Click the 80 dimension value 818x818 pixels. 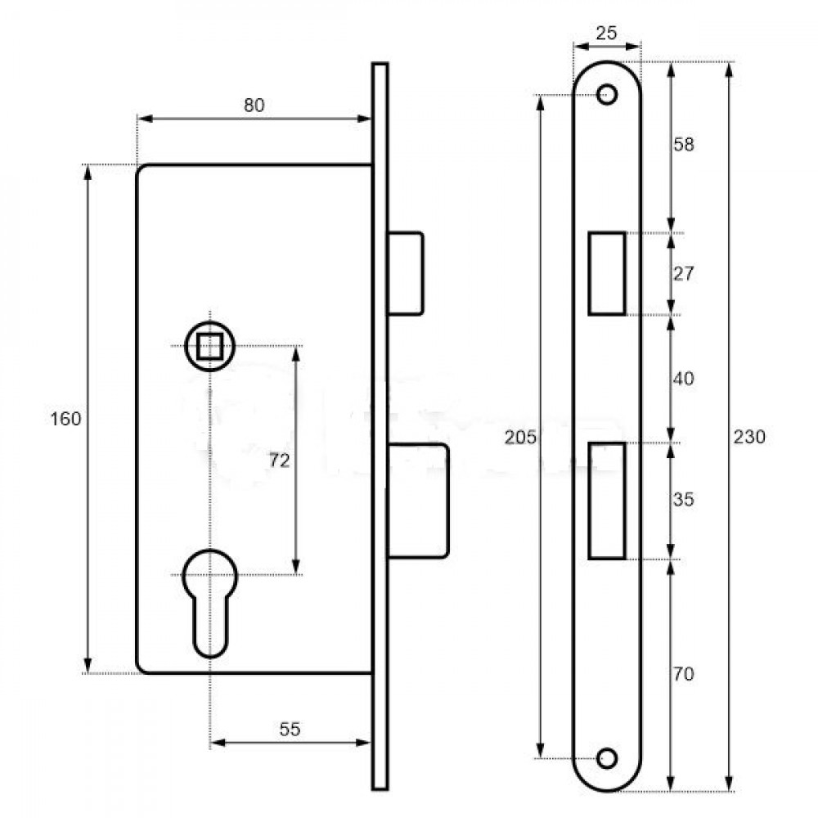pyautogui.click(x=254, y=106)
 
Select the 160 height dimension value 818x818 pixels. pyautogui.click(x=65, y=419)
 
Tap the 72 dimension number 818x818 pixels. pyautogui.click(x=280, y=461)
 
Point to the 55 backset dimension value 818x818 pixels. pyautogui.click(x=290, y=729)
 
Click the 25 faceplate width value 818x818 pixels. pyautogui.click(x=606, y=34)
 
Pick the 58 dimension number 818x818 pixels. pyautogui.click(x=684, y=145)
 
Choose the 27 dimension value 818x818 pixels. pyautogui.click(x=684, y=273)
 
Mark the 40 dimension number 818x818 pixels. pyautogui.click(x=684, y=379)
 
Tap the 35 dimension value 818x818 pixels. pyautogui.click(x=684, y=499)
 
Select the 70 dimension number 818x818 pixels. pyautogui.click(x=684, y=674)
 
